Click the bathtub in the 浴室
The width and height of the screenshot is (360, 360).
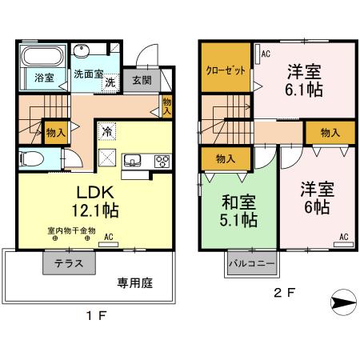(42, 56)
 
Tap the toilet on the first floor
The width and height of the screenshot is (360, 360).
(31, 159)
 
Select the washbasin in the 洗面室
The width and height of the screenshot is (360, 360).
(82, 50)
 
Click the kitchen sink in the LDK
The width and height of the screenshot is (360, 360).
(132, 161)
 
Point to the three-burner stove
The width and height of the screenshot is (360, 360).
(162, 161)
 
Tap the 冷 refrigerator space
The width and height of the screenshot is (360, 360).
(107, 131)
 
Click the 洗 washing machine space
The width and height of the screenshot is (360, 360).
(110, 82)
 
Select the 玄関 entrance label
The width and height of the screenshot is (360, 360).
(142, 80)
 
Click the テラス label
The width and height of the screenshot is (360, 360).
(69, 263)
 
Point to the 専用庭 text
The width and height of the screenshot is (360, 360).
(135, 283)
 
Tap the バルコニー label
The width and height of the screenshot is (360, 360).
(252, 263)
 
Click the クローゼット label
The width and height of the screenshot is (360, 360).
(226, 70)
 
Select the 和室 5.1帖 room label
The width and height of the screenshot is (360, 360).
(238, 210)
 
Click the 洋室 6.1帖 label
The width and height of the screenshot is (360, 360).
(304, 80)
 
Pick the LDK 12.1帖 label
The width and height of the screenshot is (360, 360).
(95, 201)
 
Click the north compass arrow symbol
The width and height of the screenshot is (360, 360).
(343, 302)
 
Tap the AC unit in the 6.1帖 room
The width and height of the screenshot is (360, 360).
(258, 54)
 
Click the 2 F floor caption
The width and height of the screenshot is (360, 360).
(285, 293)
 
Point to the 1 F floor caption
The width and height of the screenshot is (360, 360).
(96, 316)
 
